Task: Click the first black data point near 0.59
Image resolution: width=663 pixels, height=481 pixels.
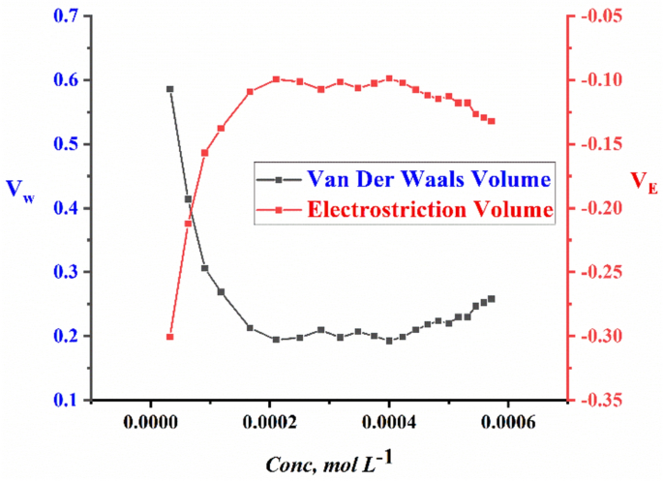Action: pos(169,89)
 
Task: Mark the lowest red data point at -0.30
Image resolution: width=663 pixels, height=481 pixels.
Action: pos(169,337)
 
